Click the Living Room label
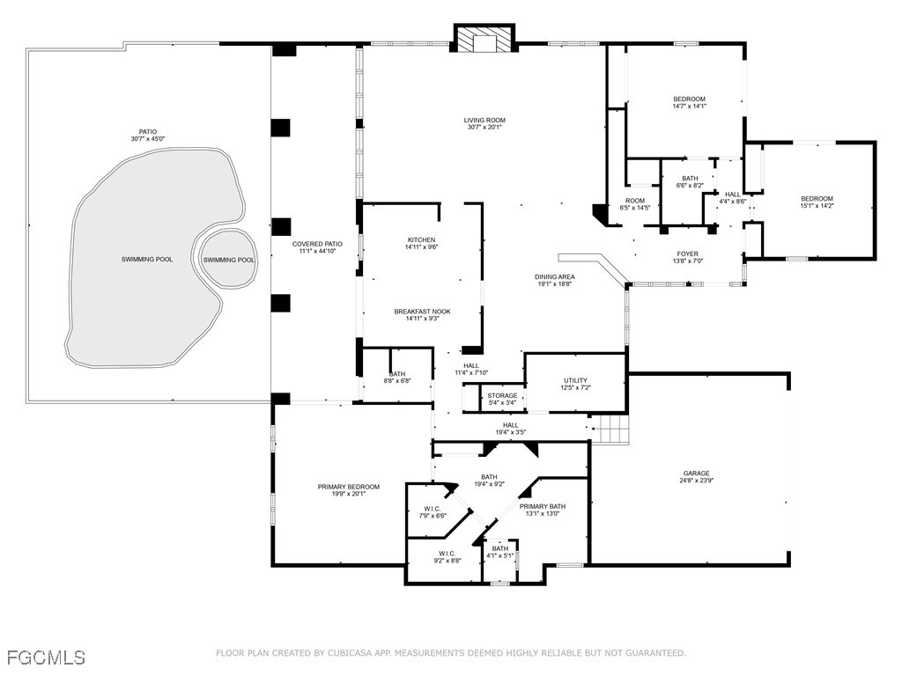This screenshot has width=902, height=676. coord(484,121)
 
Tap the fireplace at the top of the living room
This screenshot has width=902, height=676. coord(484,40)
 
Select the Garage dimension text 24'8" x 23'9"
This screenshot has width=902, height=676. coord(694,481)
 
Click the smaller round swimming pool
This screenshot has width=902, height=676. coord(228,260)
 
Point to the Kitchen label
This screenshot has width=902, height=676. coord(420,240)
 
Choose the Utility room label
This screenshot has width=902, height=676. coord(575,380)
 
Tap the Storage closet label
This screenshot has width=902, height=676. coord(502,396)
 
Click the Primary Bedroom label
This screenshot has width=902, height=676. coord(348,487)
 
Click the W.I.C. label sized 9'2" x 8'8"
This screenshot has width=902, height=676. coord(447,554)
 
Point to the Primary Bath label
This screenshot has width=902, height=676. coord(542,506)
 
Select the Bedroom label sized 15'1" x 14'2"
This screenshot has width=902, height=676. coord(816,199)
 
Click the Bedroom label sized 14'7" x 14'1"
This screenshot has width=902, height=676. coord(689,99)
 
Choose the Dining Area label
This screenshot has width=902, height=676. coord(554,277)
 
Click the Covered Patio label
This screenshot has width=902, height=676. coord(316,244)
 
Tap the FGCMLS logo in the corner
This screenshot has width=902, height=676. coord(46,657)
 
